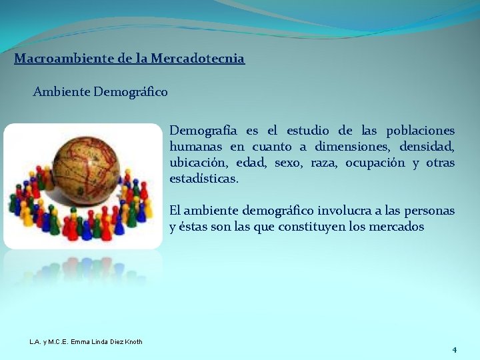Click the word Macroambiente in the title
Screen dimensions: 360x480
click(55, 59)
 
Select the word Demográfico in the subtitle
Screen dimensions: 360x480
click(131, 91)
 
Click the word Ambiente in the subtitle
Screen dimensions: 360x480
click(62, 91)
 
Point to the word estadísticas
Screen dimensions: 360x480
click(203, 179)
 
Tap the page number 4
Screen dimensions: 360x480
click(454, 350)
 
